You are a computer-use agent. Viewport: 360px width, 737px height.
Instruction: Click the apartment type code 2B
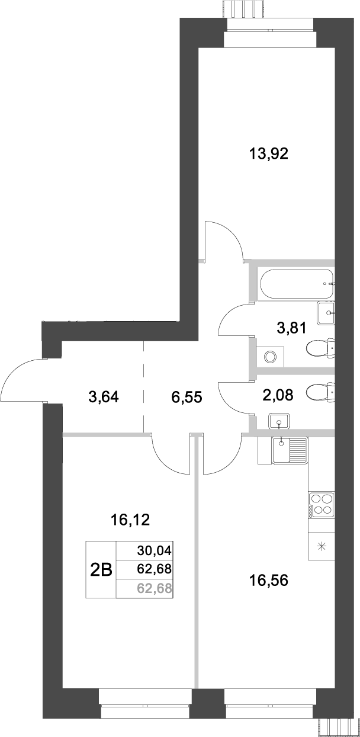pyautogui.click(x=101, y=570)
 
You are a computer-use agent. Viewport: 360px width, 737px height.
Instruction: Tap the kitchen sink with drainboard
pyautogui.click(x=289, y=450)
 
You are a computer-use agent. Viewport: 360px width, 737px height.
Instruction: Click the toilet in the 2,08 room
pyautogui.click(x=320, y=392)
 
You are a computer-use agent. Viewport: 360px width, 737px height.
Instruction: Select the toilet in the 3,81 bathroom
pyautogui.click(x=320, y=348)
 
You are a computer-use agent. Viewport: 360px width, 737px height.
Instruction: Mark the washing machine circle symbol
pyautogui.click(x=271, y=357)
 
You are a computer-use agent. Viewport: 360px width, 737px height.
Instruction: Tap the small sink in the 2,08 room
pyautogui.click(x=278, y=422)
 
